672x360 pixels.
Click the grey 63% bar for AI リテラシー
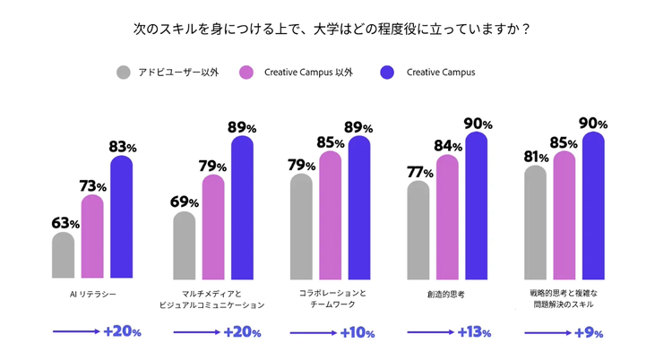click(x=63, y=256)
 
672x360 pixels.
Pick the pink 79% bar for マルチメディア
click(x=213, y=227)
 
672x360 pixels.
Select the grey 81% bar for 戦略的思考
click(x=536, y=223)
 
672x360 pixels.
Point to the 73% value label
click(x=93, y=186)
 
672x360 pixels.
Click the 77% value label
click(x=420, y=172)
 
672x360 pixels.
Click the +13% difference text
click(x=473, y=332)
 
